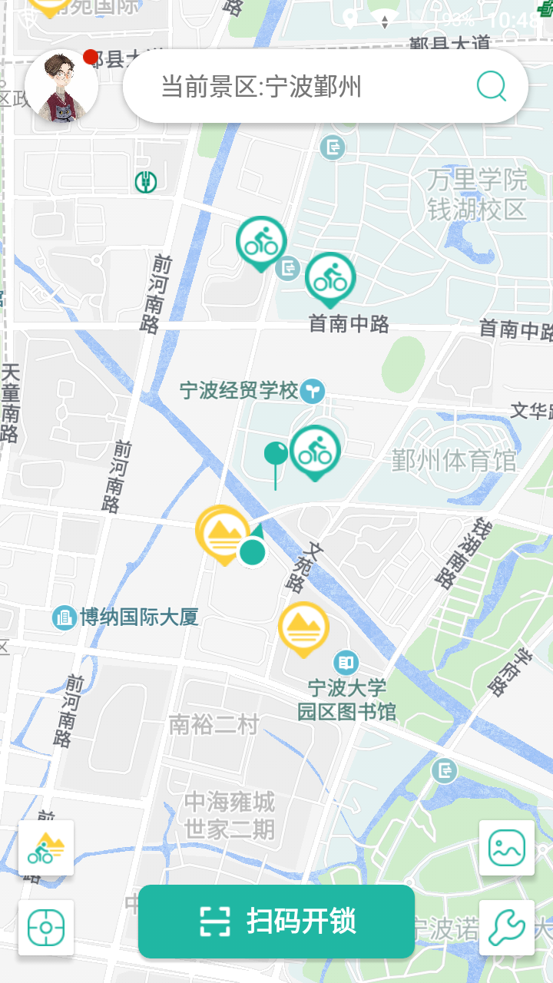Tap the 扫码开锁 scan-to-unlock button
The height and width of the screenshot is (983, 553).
pos(276,921)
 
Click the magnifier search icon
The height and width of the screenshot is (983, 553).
pos(492,86)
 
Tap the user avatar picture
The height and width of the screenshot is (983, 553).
pos(61,86)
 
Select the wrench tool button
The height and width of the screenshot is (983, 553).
pos(507,928)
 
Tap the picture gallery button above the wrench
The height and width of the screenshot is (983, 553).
pos(507,848)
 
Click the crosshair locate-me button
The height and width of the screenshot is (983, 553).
pos(46,928)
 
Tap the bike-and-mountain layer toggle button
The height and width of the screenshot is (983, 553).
pos(46,848)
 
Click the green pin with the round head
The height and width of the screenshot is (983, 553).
pos(276,455)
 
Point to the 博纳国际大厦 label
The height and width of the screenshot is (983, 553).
pos(138,617)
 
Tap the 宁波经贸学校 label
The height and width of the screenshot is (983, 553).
pos(239,391)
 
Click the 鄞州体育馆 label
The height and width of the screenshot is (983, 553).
pos(454,461)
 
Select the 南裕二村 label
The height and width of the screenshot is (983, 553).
pos(214,724)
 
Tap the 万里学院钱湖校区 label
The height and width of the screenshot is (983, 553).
pos(478,195)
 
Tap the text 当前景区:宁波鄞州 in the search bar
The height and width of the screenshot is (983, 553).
pos(261,87)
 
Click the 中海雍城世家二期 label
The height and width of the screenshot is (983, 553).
pos(229,816)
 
